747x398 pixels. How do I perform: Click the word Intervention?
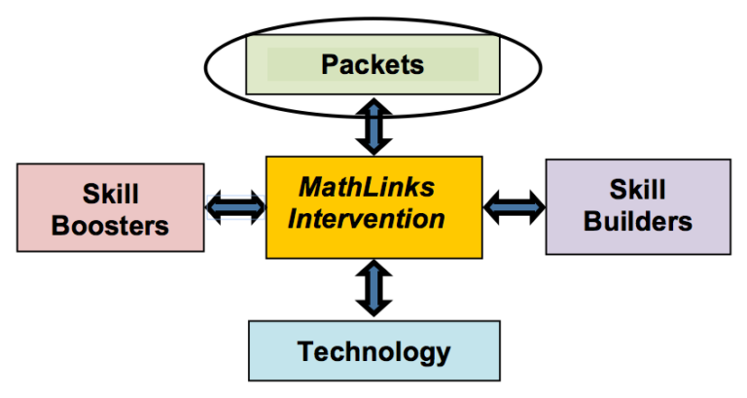373,217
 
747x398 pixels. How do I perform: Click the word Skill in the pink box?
110,191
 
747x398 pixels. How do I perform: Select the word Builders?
638,221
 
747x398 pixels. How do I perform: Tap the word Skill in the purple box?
638,188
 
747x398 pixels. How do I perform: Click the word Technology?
373,351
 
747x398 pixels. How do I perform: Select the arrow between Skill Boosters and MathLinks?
235,205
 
